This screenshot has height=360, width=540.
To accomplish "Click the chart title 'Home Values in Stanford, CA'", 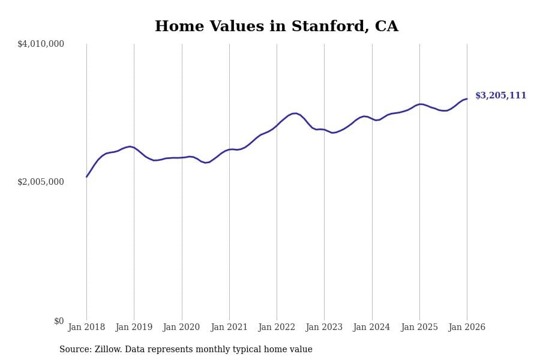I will [277, 26].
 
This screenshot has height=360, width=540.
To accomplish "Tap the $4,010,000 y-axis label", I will [41, 44].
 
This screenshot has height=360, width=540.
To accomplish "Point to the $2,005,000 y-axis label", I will [41, 182].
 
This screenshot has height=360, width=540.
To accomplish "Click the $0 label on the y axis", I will [59, 321].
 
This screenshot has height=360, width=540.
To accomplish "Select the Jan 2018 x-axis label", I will [86, 327].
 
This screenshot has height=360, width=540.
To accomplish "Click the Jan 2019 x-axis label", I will [134, 327].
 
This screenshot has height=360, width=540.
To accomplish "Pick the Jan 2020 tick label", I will [181, 327].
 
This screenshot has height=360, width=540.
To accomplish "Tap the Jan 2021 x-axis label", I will [229, 327].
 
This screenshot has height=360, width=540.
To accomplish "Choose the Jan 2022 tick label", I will [277, 327].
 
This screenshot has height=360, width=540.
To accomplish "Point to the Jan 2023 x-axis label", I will [324, 327].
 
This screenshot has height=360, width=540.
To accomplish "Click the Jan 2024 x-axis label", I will [371, 327].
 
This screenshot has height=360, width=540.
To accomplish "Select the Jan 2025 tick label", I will [419, 327].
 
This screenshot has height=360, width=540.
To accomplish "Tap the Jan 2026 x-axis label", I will [467, 327].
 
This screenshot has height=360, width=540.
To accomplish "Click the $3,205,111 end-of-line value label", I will [500, 95].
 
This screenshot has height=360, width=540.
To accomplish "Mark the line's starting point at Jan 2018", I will [86, 176].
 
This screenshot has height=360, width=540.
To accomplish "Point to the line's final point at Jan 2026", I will [467, 99].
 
